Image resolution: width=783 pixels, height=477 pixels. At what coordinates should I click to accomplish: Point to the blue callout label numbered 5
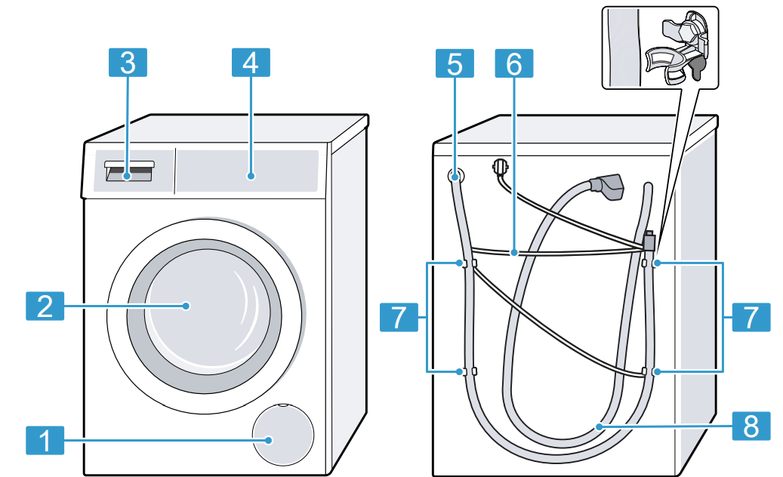coord(455,63)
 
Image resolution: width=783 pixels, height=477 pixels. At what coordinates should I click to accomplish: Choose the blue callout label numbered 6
coord(513,63)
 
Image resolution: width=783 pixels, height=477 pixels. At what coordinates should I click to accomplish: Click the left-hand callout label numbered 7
coord(398,317)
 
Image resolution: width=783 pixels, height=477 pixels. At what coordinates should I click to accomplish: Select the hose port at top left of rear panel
coord(455,177)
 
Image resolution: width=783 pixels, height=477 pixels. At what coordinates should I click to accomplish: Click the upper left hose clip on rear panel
coord(465,264)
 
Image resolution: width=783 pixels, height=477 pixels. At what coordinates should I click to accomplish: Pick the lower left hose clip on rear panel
coord(465,371)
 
